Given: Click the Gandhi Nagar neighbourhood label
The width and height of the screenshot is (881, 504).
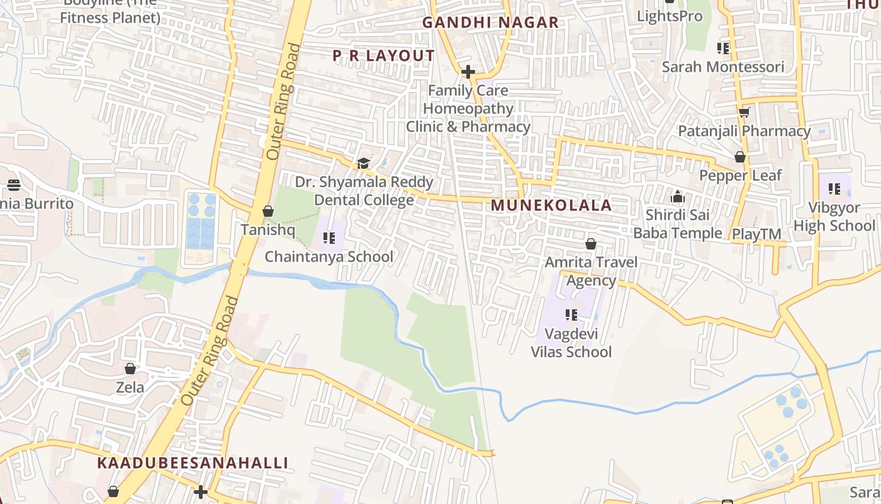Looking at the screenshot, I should click(490, 23).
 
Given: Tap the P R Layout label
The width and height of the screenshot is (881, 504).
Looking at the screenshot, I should click(384, 56).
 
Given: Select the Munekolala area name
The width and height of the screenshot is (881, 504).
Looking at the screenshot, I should click(551, 205).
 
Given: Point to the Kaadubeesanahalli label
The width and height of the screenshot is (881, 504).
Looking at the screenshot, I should click(193, 463).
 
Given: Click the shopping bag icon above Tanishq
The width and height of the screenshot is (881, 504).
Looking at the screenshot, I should click(268, 211).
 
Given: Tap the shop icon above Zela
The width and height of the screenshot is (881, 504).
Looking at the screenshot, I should click(130, 369).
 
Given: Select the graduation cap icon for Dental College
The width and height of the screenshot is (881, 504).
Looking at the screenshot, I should click(363, 164).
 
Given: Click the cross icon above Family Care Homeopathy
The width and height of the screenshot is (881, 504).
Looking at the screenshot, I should click(468, 72).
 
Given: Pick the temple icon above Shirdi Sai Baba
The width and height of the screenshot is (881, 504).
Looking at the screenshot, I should click(678, 197).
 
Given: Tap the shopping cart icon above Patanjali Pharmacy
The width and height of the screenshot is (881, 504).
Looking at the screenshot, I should click(744, 113).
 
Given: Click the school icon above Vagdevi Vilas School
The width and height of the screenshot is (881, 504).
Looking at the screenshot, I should click(571, 314).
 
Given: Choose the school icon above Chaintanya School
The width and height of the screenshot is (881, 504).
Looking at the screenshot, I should click(329, 238).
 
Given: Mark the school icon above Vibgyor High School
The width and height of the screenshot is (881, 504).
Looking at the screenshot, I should click(834, 188).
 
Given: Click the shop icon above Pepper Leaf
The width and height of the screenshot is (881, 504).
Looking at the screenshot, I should click(740, 157).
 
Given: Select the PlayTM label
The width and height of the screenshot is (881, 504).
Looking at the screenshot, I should click(756, 234).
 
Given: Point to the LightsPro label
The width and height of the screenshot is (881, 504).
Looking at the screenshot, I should click(670, 16).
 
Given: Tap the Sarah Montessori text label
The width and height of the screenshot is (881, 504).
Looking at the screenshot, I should click(723, 67).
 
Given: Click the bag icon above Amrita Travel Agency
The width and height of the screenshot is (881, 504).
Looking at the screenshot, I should click(591, 244).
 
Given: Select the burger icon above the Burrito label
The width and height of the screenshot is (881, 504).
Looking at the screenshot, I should click(14, 185).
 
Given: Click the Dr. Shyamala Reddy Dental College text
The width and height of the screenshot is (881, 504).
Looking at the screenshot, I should click(364, 191).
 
